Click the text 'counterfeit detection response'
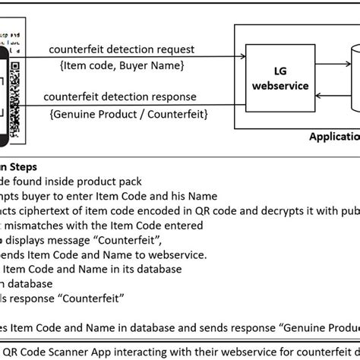point(119,96)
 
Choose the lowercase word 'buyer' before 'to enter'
point(49,195)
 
